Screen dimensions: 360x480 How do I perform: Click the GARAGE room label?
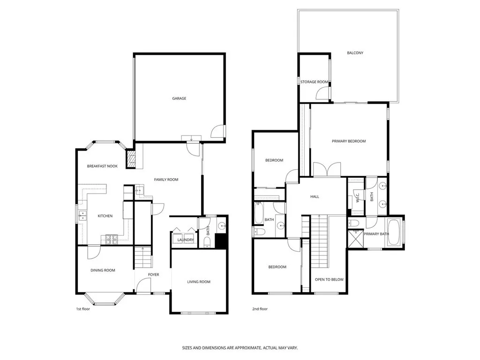[179, 98]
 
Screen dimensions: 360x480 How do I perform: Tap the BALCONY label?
[355, 53]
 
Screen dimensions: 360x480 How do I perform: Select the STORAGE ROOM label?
[315, 82]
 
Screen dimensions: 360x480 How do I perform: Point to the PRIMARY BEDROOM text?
[349, 141]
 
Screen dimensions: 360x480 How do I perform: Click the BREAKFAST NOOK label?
[102, 166]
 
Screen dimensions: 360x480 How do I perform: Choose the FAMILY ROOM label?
[166, 180]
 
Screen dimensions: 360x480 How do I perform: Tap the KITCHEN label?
[105, 216]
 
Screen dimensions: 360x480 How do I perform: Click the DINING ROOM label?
[103, 270]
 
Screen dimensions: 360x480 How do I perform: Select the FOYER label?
[154, 275]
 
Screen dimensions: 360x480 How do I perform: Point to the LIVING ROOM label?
[199, 282]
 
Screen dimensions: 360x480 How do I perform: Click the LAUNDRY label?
[186, 240]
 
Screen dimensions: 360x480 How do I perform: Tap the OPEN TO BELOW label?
[329, 279]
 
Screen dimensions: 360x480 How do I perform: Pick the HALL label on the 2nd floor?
[315, 196]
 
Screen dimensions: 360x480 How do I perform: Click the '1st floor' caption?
[82, 309]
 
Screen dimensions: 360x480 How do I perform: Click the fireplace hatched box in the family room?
[132, 159]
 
